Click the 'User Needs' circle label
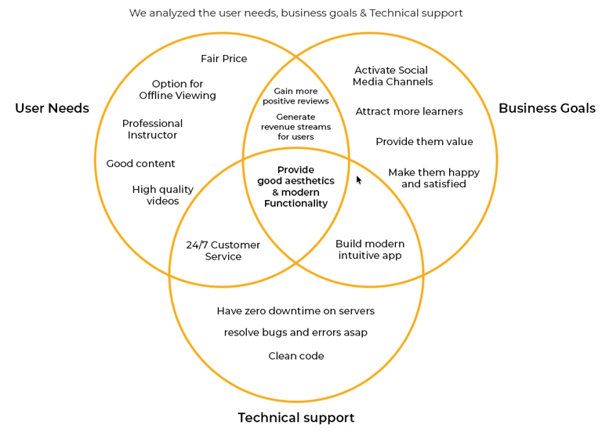pos(52,108)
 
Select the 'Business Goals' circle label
pos(546,108)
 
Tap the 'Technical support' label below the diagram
pos(296,417)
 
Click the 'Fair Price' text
pos(223,59)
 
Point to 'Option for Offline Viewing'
pos(177,89)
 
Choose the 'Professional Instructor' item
pos(152,129)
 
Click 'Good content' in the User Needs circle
pos(140,164)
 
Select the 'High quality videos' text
pos(162,195)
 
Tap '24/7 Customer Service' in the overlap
pos(223,251)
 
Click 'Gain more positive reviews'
pos(296,96)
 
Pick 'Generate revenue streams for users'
pos(296,127)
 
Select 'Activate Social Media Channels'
pos(392,76)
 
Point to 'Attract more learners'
pos(408,111)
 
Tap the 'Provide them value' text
pos(424,142)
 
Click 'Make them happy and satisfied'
pos(433,178)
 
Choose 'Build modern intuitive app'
pos(369,249)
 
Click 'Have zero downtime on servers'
pos(296,311)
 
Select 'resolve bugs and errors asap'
pos(296,332)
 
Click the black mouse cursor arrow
pos(359,180)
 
